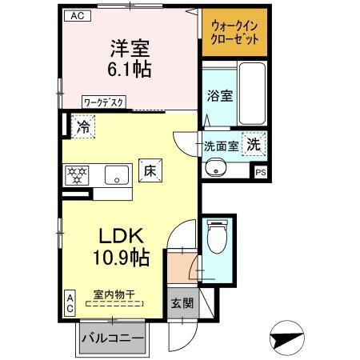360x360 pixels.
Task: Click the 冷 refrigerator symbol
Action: point(82,125)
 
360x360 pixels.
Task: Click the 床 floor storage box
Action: point(150,170)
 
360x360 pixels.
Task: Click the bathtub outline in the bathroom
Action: point(251,94)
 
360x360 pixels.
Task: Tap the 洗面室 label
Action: point(220,146)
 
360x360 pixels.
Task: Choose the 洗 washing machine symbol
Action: point(252,145)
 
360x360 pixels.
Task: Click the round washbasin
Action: point(215,168)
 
